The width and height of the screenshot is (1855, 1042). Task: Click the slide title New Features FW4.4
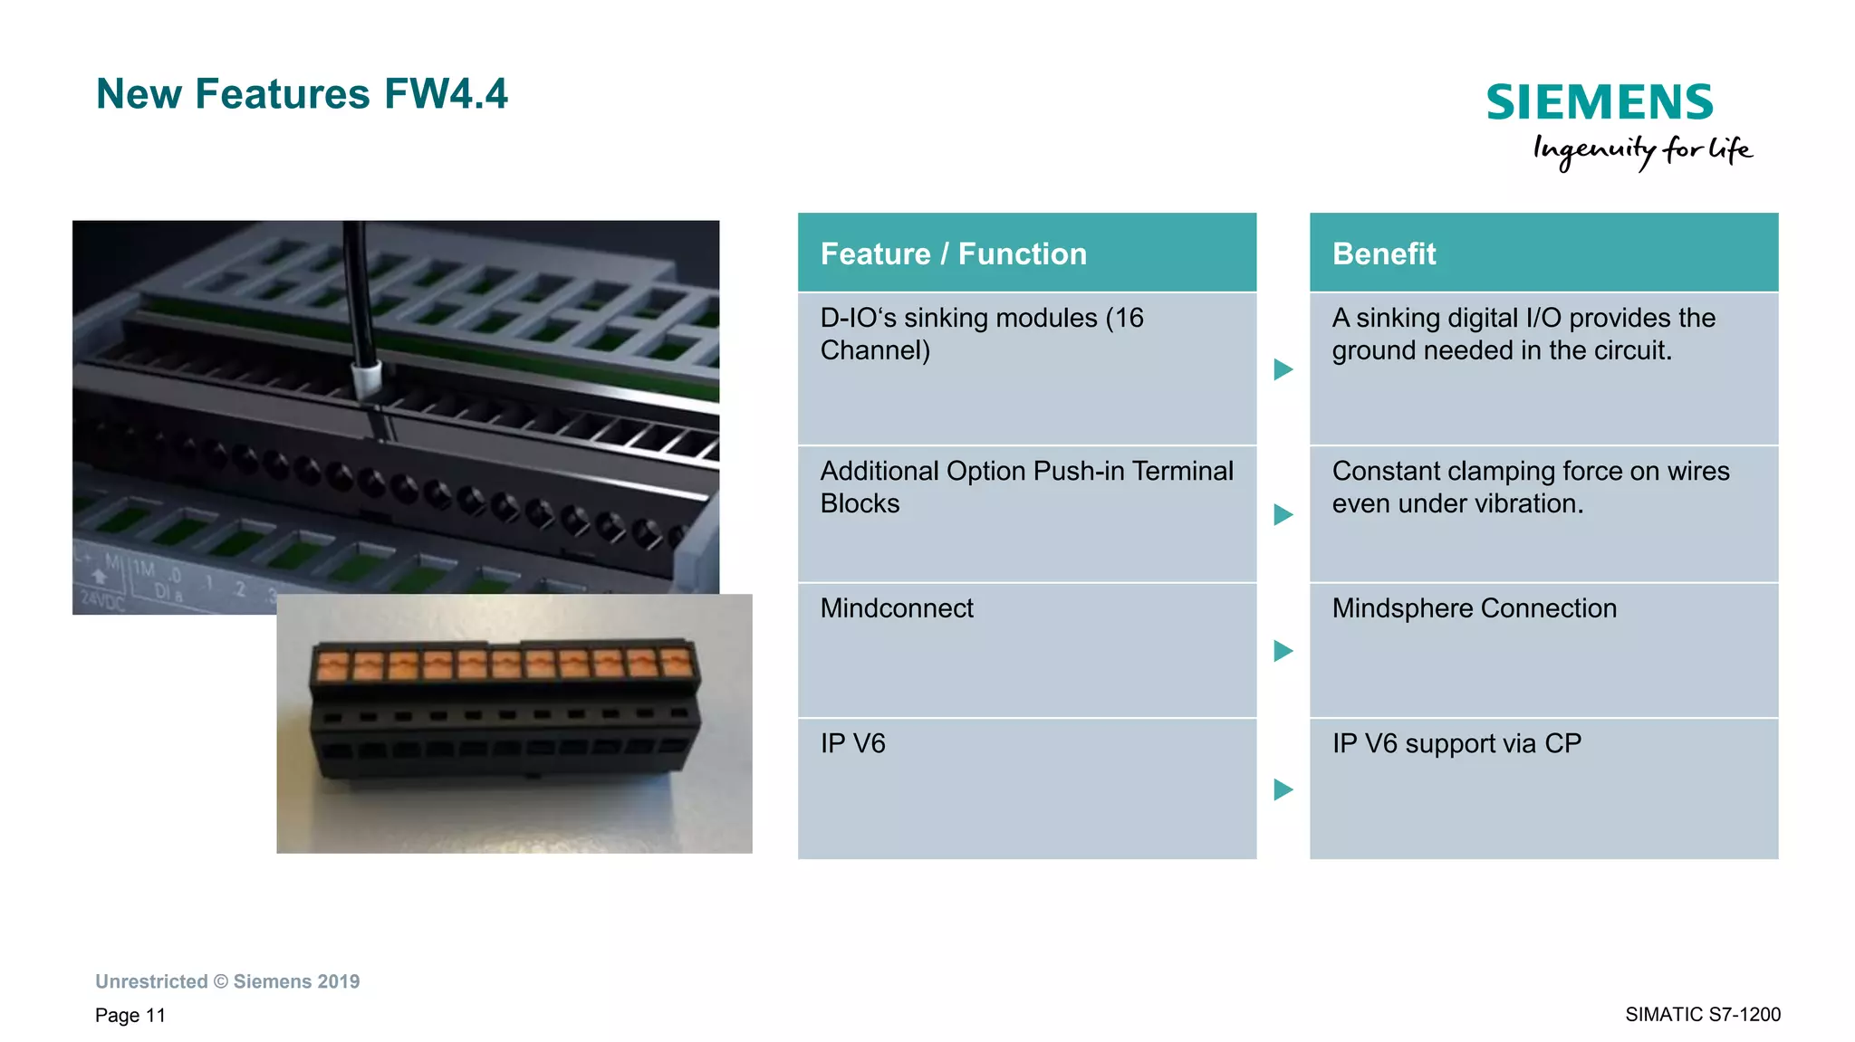coord(302,94)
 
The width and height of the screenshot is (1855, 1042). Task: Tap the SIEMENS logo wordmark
coord(1600,102)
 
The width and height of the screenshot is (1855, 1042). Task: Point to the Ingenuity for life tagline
coord(1642,150)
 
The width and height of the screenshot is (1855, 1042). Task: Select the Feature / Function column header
coord(953,253)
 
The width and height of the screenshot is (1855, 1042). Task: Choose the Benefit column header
coord(1384,253)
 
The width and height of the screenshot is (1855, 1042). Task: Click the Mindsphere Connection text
coord(1474,608)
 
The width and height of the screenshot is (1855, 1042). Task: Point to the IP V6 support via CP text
coord(1456,744)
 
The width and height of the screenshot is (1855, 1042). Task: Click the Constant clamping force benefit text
coord(1530,487)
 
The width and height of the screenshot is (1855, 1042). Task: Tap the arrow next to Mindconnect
coord(1283,651)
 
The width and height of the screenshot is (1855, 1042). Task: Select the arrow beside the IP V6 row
coord(1283,789)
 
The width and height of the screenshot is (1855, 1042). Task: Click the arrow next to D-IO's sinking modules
coord(1283,369)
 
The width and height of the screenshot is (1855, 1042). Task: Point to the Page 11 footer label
coord(130,1015)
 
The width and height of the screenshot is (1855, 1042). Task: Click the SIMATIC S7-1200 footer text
coord(1702,1014)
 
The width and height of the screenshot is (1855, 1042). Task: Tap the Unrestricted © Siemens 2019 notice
coord(227,981)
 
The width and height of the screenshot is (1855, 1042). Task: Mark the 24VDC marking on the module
coord(102,599)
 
